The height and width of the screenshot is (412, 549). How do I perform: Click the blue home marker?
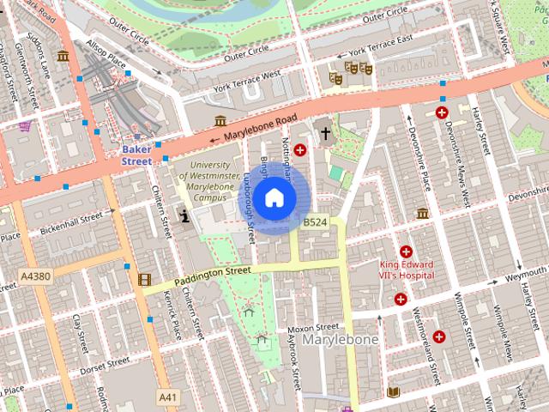click(x=274, y=198)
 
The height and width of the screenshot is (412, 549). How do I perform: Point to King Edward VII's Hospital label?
click(x=406, y=270)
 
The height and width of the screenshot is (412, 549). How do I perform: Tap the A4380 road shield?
click(x=34, y=276)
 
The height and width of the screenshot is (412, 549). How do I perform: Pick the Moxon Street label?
click(x=313, y=328)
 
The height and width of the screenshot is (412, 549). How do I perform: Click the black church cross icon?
click(x=325, y=132)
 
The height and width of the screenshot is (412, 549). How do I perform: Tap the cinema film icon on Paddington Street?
click(x=144, y=279)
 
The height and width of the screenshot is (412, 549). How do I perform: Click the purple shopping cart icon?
click(x=26, y=126)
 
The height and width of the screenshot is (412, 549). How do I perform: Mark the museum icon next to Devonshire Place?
click(x=422, y=213)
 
